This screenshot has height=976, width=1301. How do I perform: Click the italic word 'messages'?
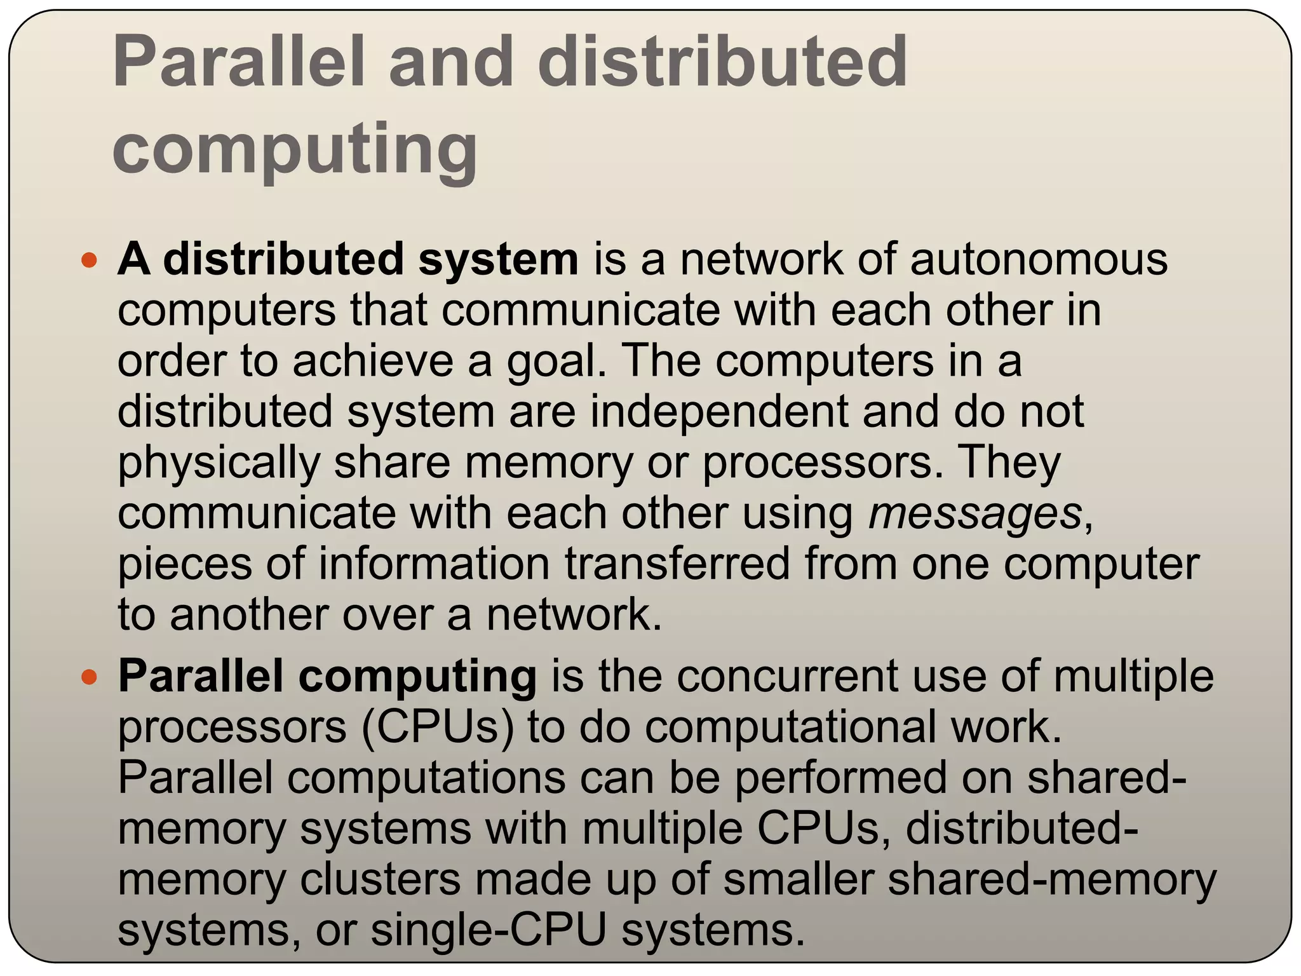974,513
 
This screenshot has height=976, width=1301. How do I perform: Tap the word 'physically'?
219,463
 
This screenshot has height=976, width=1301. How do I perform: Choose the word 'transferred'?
677,564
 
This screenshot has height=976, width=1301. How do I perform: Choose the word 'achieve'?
374,361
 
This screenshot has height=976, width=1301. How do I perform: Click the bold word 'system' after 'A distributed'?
499,261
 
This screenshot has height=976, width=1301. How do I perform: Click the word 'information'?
434,564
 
